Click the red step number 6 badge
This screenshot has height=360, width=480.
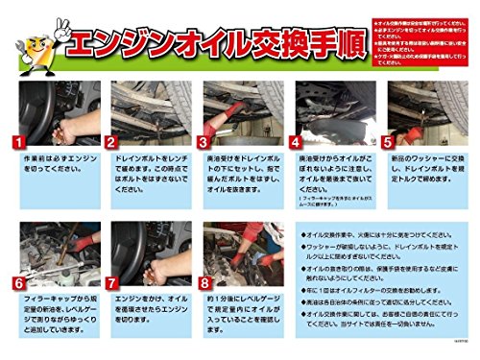pyautogui.click(x=18, y=283)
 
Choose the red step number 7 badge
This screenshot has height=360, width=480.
pyautogui.click(x=111, y=283)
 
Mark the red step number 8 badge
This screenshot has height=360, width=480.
pyautogui.click(x=204, y=283)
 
